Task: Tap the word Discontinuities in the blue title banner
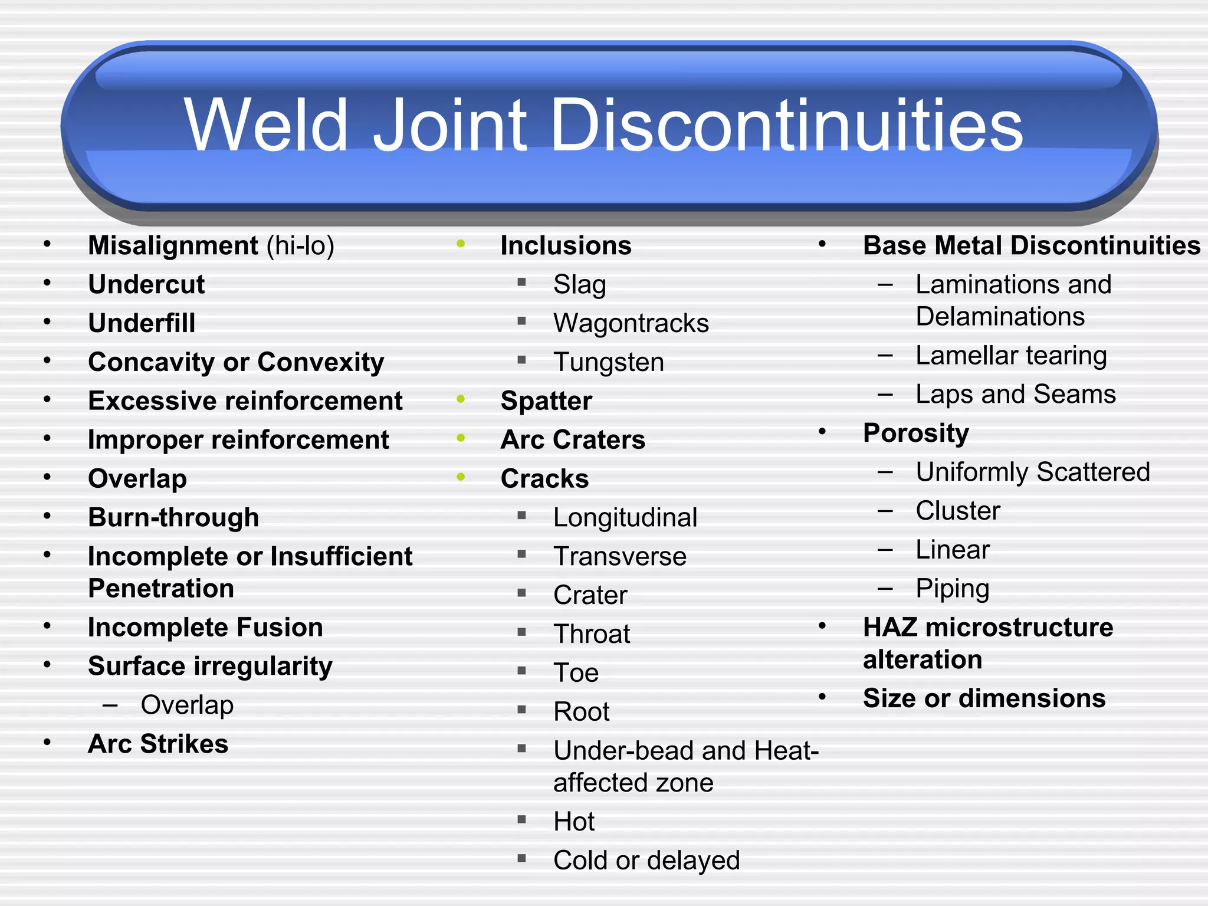pyautogui.click(x=786, y=125)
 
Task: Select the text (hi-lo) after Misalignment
pyautogui.click(x=300, y=246)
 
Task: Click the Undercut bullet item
pyautogui.click(x=146, y=284)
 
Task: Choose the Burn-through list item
pyautogui.click(x=173, y=517)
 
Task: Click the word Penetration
pyautogui.click(x=161, y=589)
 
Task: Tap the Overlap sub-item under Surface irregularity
pyautogui.click(x=187, y=705)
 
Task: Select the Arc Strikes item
pyautogui.click(x=158, y=744)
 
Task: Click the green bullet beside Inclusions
pyautogui.click(x=461, y=244)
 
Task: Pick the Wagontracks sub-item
pyautogui.click(x=631, y=323)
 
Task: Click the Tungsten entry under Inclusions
pyautogui.click(x=609, y=362)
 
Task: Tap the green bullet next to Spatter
pyautogui.click(x=461, y=399)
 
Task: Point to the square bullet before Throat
pyautogui.click(x=521, y=632)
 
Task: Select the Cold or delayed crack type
pyautogui.click(x=646, y=861)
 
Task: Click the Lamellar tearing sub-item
pyautogui.click(x=1011, y=356)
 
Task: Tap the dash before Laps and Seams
pyautogui.click(x=885, y=394)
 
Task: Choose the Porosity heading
pyautogui.click(x=915, y=433)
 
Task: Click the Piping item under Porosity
pyautogui.click(x=953, y=589)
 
